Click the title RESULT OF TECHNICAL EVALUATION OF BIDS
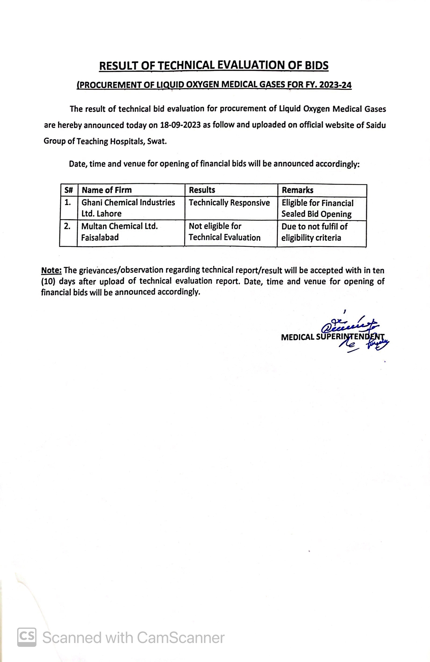[x=214, y=66]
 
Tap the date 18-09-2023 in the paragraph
[x=180, y=125]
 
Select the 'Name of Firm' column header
[x=107, y=190]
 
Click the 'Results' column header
[x=202, y=190]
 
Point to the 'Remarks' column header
[x=297, y=190]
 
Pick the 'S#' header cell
[x=68, y=190]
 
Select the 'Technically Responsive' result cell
[x=229, y=203]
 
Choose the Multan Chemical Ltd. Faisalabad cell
[x=120, y=232]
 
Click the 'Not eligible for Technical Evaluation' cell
[x=224, y=232]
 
